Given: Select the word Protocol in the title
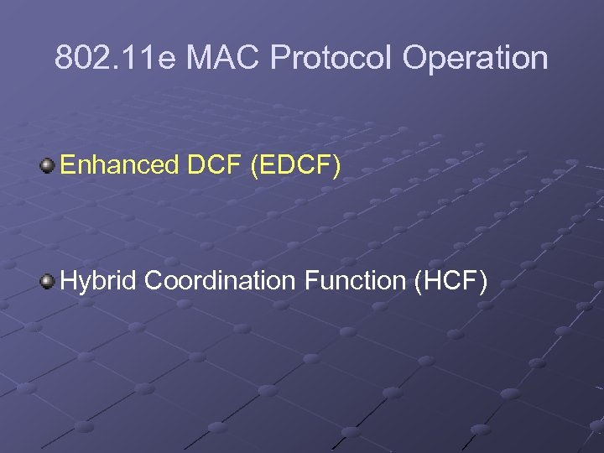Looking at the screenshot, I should [x=333, y=59].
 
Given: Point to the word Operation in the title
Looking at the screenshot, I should [x=475, y=59].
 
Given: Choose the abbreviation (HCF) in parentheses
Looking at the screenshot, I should [x=451, y=280].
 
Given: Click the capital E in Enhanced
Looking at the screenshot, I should [x=67, y=164].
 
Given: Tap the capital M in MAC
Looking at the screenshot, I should [x=200, y=59].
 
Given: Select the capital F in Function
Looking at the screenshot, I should [x=310, y=280].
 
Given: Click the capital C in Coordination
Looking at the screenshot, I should [x=154, y=280].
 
